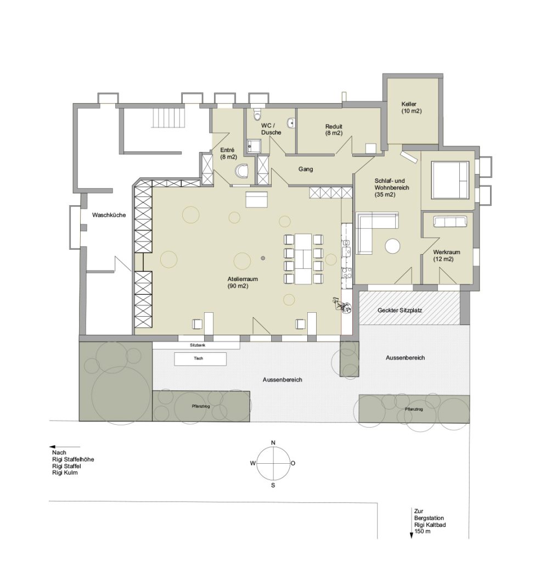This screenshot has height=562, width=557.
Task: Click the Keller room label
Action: [x=412, y=108]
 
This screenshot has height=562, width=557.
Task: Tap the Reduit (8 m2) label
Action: [x=334, y=130]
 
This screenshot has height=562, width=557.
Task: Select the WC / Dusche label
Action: [x=271, y=129]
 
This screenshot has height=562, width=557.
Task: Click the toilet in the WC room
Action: [x=257, y=114]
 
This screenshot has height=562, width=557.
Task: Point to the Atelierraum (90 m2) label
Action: [x=243, y=283]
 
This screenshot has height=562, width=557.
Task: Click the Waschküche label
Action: [x=109, y=215]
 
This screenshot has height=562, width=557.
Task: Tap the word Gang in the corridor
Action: [x=306, y=169]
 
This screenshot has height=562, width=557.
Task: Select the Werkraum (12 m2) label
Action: [x=447, y=256]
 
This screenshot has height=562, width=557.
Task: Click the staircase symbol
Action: [x=169, y=117]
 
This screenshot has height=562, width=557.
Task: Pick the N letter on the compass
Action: [x=273, y=443]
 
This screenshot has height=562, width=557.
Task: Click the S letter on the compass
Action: [x=273, y=485]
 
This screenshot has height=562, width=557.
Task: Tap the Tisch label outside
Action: [x=198, y=358]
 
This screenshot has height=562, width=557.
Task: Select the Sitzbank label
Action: [x=198, y=345]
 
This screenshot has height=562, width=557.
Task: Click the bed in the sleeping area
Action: [x=450, y=180]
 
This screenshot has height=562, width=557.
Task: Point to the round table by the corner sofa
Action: [x=393, y=246]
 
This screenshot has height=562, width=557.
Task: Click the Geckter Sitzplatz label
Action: [x=400, y=310]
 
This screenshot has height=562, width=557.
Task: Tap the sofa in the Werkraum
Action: [x=450, y=222]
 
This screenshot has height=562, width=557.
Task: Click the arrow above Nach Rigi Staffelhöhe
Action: [x=65, y=447]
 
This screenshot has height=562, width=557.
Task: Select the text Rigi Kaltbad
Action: [x=430, y=525]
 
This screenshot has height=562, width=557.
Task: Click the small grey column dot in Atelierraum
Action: [x=263, y=258]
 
